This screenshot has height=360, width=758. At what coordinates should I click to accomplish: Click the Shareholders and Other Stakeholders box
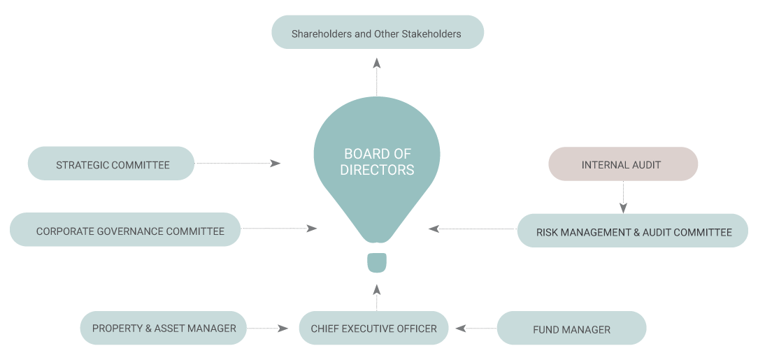click(377, 33)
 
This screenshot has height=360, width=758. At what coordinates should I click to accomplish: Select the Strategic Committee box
click(111, 165)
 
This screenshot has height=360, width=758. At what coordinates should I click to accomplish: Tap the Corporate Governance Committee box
click(126, 231)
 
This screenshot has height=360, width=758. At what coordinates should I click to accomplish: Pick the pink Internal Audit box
click(622, 165)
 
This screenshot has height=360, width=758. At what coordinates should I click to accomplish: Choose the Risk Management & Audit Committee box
click(633, 231)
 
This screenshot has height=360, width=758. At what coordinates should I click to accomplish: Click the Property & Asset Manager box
click(164, 328)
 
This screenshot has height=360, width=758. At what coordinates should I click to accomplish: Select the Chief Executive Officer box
click(373, 329)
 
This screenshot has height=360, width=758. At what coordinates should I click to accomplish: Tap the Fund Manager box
click(571, 329)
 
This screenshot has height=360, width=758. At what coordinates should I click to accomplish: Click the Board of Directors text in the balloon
click(377, 161)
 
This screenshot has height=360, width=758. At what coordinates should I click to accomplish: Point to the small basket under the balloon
click(377, 263)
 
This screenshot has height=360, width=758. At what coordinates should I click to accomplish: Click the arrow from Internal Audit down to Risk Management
click(622, 196)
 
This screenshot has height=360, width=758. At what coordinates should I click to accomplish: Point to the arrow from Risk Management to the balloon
click(472, 229)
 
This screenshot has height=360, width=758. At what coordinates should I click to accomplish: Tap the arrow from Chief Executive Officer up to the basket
click(377, 296)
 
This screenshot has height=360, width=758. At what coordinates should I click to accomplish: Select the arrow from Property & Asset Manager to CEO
click(269, 328)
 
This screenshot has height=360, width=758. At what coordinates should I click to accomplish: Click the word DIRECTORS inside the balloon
click(377, 170)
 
